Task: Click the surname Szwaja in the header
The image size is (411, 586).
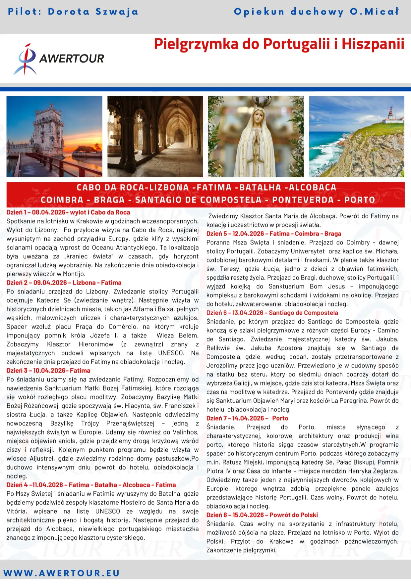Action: [117, 12]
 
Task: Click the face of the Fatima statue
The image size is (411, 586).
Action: [256, 115]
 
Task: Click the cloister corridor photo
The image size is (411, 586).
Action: [155, 136]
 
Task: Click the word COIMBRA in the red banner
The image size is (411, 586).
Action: [62, 200]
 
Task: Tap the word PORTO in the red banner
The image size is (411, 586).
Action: [360, 200]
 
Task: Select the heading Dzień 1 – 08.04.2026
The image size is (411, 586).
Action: [68, 212]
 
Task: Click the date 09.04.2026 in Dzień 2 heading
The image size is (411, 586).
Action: [50, 283]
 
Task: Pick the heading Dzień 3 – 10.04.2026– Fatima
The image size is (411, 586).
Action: [48, 371]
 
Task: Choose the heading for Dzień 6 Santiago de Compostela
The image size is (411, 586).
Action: [272, 313]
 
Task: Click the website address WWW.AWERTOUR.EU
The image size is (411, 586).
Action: [62, 573]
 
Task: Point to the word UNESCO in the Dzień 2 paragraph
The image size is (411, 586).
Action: [171, 353]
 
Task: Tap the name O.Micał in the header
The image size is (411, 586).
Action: [375, 12]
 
